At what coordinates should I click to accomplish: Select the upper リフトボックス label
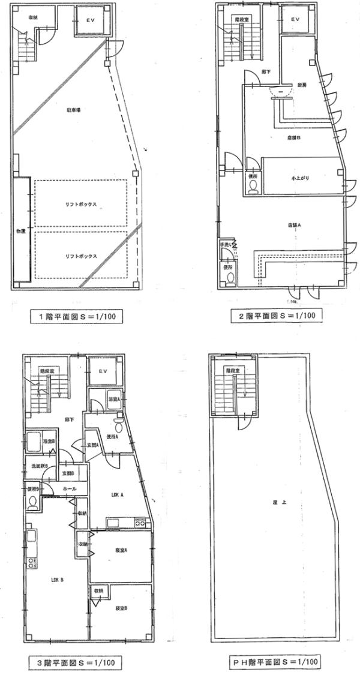pyautogui.click(x=81, y=204)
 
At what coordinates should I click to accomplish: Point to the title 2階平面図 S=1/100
pyautogui.click(x=277, y=314)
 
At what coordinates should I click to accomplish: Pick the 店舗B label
pyautogui.click(x=293, y=137)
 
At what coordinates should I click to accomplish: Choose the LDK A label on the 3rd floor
pyautogui.click(x=117, y=495)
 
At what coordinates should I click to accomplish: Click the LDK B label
pyautogui.click(x=57, y=580)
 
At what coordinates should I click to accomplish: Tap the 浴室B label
pyautogui.click(x=49, y=442)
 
